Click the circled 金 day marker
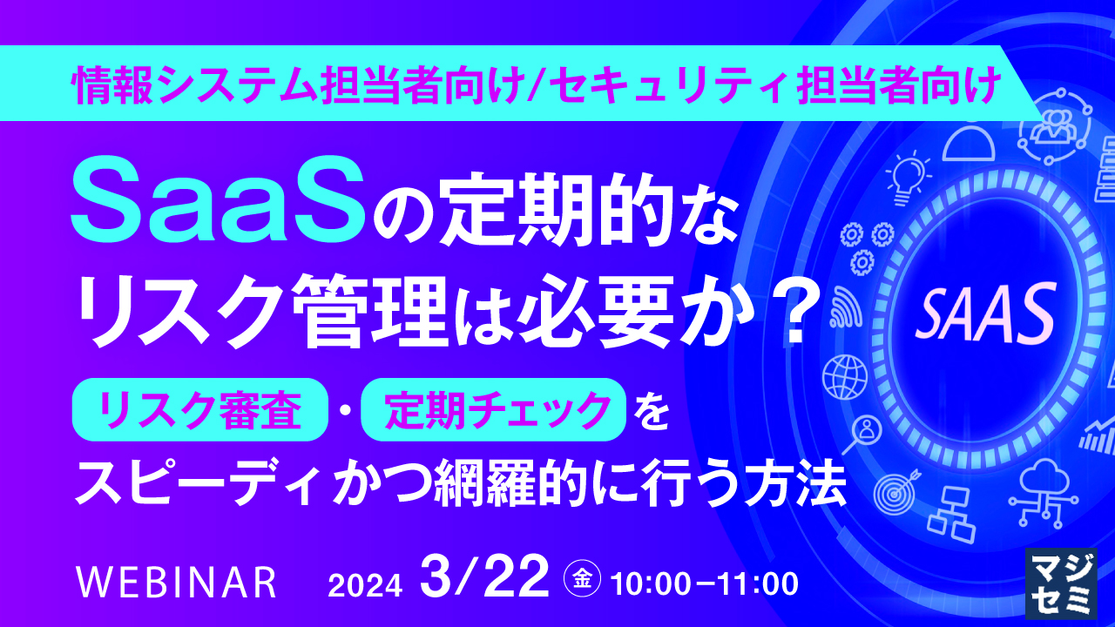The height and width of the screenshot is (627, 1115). coord(580,576)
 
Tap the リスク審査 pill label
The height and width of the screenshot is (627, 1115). coord(202,409)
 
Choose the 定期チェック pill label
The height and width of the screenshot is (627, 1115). coord(493,409)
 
